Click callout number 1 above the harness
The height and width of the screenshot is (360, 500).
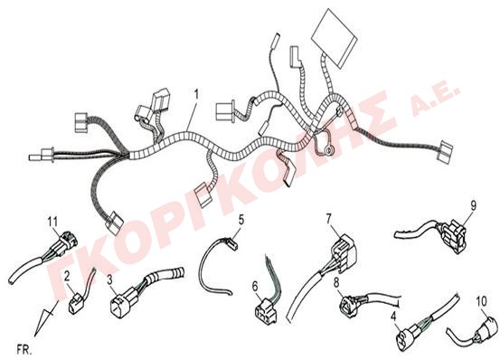coord(197,94)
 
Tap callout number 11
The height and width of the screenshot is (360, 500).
coord(52,221)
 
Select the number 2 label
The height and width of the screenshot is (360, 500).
coord(67,277)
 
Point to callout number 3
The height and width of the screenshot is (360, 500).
coord(109,279)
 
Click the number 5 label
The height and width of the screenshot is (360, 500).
coord(241,220)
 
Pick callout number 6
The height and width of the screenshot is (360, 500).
coord(255,286)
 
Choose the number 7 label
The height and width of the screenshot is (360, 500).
coord(329,219)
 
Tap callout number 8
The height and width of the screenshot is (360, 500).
coord(336,282)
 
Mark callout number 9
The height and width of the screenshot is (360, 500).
coord(473,205)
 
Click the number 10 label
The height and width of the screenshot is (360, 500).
coord(482,300)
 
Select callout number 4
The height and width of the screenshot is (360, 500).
coord(393,317)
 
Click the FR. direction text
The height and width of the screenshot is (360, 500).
coord(24,350)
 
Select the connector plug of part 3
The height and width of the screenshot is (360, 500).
coord(120,299)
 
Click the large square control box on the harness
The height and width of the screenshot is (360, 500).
coord(335,38)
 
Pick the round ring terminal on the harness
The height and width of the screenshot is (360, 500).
coord(328,149)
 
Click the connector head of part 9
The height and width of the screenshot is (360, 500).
coord(455,236)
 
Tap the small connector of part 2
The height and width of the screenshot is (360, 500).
coord(75,302)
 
